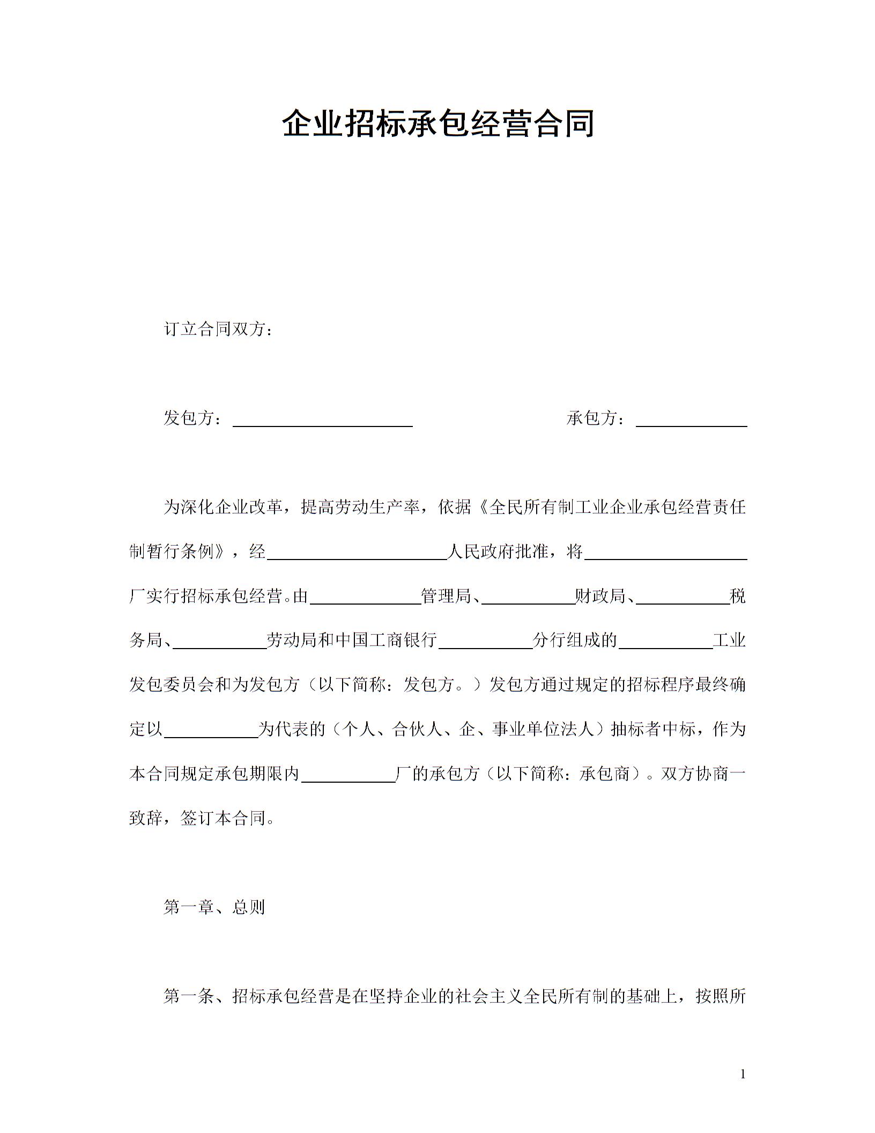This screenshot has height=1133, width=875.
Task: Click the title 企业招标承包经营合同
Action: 437,123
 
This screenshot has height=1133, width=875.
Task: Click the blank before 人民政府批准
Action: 357,554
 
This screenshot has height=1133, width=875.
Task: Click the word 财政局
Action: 600,596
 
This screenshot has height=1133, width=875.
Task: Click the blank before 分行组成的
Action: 485,643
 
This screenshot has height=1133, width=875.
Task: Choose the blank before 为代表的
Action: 211,732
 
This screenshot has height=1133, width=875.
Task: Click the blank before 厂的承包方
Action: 348,776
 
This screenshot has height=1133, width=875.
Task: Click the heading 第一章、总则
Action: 214,908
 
